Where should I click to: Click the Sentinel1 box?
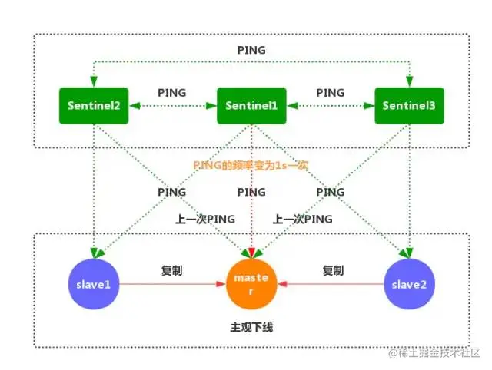click(251, 107)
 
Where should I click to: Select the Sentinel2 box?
click(92, 107)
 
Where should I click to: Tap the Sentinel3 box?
click(408, 107)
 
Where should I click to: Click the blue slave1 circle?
click(93, 284)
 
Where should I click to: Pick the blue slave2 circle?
click(408, 284)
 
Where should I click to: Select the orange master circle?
click(252, 284)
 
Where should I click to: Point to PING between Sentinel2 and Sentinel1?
click(171, 93)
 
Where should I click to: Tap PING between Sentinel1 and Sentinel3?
click(330, 93)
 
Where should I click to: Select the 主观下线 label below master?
click(251, 327)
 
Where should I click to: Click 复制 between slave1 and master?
click(171, 271)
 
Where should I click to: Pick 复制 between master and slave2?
click(333, 271)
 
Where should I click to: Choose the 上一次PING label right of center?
click(303, 219)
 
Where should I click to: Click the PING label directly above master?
click(251, 192)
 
